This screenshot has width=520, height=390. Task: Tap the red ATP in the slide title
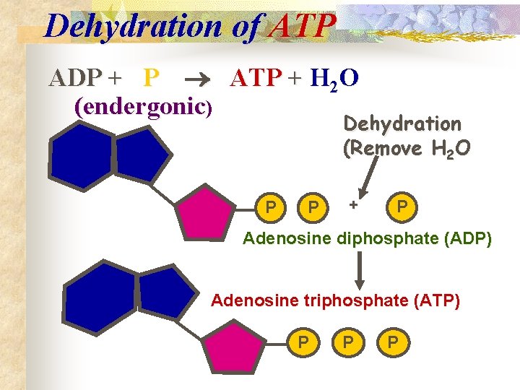[301, 27]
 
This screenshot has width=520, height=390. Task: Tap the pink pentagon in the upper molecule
[205, 211]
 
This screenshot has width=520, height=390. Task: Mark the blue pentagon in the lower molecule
[166, 295]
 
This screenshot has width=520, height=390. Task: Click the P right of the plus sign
[402, 207]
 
